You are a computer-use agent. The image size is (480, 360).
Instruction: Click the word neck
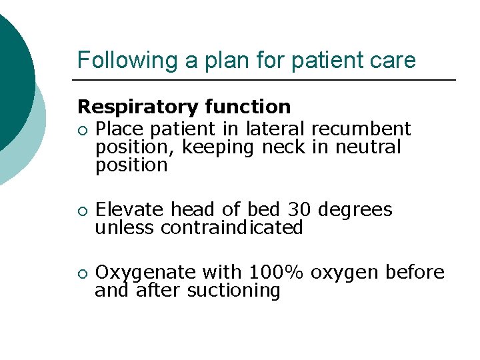[x=283, y=147]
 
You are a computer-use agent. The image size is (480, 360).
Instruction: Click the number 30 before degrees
[x=300, y=209]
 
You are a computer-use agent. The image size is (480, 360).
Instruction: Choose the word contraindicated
[x=232, y=228]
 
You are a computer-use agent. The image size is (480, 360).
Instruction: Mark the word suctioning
[x=233, y=291]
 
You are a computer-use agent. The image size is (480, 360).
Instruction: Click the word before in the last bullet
[x=411, y=273]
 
